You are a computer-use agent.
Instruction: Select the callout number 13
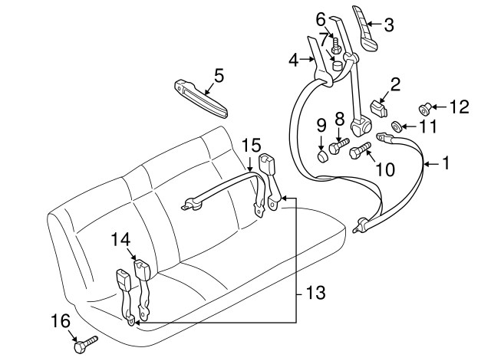coord(316,293)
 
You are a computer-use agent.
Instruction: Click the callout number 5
coord(219,75)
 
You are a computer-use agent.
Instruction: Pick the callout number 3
coord(388,25)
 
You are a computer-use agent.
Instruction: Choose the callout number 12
coord(458,107)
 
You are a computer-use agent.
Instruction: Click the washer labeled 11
coord(397,126)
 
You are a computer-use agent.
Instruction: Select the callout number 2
coord(396,84)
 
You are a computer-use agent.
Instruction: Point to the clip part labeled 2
coord(377,108)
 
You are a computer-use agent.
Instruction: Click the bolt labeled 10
coord(361,151)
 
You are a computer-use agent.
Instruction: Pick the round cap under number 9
coord(322,157)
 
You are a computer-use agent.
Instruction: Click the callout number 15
coord(252,144)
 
